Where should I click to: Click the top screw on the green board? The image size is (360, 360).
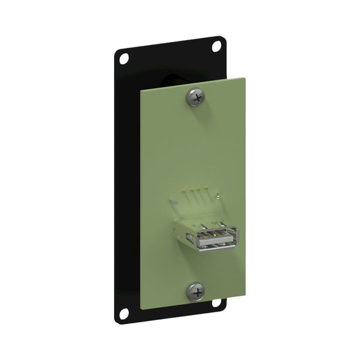pyautogui.click(x=196, y=96)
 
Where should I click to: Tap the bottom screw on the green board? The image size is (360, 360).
pyautogui.click(x=195, y=292)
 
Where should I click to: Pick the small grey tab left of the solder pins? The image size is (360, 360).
pyautogui.click(x=174, y=203)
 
